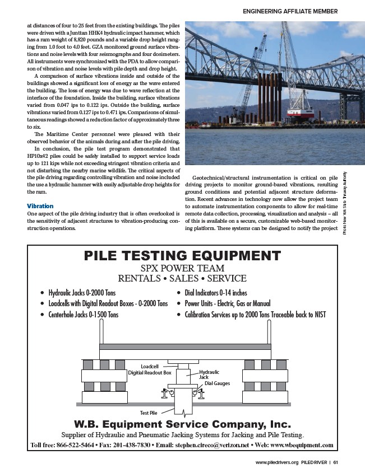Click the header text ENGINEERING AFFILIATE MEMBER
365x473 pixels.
290,11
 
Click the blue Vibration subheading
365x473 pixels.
40,206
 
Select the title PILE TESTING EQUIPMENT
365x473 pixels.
182,256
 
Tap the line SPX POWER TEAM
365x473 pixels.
182,268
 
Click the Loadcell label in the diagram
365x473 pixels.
151,366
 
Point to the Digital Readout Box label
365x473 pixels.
150,372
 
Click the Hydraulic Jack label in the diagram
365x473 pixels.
209,374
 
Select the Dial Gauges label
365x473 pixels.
217,383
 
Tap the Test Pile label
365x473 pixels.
149,413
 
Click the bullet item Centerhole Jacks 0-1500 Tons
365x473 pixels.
83,315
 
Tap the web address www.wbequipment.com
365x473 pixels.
303,446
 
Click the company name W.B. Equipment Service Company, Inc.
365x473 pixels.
182,423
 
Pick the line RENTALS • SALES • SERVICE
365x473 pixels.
182,278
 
